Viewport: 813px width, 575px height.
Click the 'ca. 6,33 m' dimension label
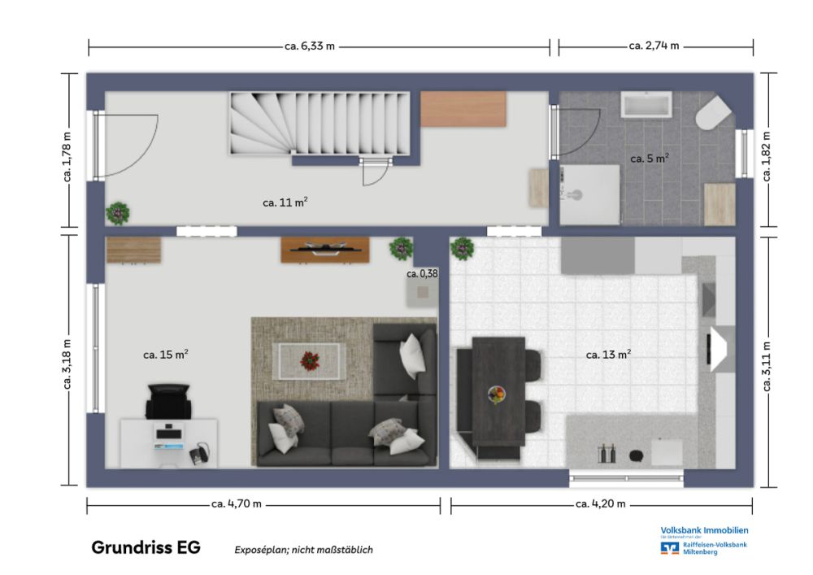309,46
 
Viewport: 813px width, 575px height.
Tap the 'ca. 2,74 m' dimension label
654,46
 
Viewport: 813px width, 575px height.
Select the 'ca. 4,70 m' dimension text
237,504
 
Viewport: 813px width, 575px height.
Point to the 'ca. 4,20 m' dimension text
600,504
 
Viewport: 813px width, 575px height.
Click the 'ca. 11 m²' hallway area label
285,203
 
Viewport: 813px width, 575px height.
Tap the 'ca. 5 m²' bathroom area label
649,159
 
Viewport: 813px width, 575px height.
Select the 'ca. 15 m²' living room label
166,355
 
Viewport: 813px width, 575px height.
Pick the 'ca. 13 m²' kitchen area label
609,355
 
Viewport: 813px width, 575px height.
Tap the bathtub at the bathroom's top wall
646,105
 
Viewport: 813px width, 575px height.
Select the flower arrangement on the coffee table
310,359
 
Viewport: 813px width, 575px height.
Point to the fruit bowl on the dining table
497,394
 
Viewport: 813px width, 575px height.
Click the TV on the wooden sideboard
324,249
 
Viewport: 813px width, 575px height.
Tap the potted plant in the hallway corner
118,213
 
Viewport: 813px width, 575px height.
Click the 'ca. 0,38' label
422,274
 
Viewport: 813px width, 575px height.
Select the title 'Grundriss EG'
146,547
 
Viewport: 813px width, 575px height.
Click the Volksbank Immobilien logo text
704,530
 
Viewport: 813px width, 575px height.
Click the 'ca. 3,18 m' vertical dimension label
68,359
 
